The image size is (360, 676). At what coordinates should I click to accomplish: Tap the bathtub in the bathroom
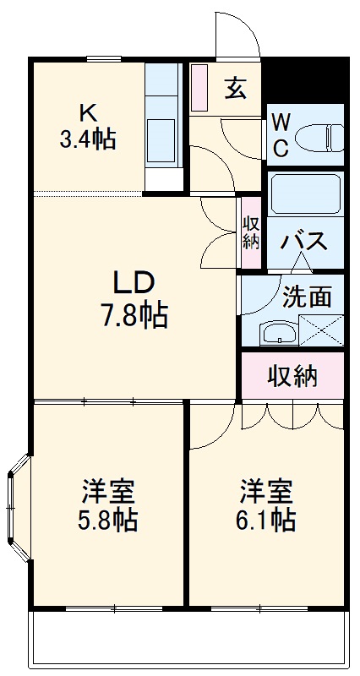tap(305, 195)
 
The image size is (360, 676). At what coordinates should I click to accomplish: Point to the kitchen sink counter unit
tap(163, 127)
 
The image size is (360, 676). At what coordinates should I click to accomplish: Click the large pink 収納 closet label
tap(293, 376)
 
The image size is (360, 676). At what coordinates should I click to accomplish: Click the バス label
tap(304, 242)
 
